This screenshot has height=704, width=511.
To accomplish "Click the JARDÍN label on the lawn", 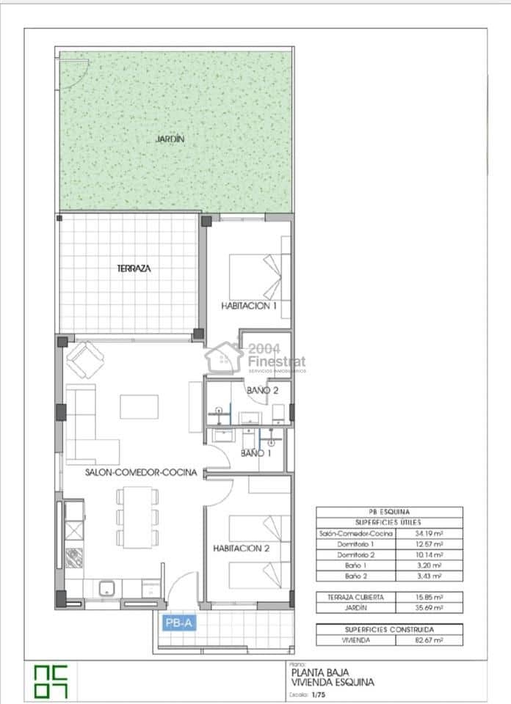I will coord(170,139).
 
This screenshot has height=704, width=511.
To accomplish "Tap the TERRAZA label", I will coord(134,268).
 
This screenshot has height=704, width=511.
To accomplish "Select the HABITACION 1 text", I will coord(249,307).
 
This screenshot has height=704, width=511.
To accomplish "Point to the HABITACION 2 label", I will coord(242,548).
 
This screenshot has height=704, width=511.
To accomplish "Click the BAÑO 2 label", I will coord(261,391).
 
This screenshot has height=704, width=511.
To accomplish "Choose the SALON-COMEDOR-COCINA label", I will coord(140,473).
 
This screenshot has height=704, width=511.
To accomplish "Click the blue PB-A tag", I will coord(179,623).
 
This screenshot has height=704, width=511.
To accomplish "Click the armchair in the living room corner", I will coord(85,359).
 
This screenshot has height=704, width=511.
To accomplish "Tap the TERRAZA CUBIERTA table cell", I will coord(355,597).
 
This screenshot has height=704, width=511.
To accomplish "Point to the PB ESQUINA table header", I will coord(389,512).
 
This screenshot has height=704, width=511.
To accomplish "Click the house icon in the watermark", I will coord(225,359).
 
